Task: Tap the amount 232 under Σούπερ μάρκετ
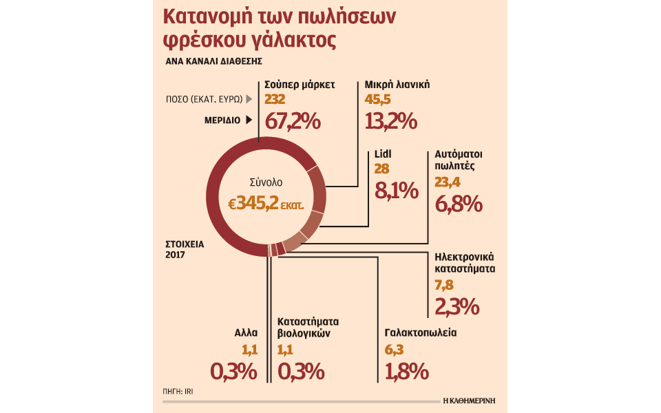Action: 275,100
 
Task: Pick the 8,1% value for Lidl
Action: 397,190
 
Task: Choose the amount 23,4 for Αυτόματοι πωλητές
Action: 448,182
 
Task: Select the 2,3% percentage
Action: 457,306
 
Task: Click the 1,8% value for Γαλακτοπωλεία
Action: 407,372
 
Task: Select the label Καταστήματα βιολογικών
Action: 308,327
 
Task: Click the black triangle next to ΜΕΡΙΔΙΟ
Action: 248,120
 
